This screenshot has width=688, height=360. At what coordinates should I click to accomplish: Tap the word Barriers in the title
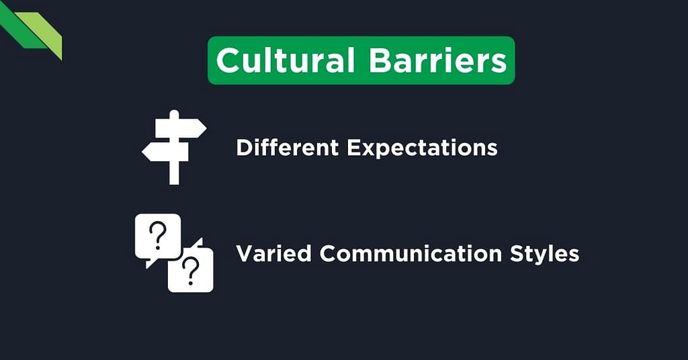(x=437, y=60)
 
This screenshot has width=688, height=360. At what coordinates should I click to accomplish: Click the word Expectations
(x=421, y=147)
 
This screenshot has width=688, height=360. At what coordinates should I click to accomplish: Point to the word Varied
(x=274, y=254)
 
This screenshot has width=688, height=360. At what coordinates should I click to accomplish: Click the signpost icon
(x=174, y=146)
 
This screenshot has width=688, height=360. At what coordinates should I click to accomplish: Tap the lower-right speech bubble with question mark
(x=191, y=271)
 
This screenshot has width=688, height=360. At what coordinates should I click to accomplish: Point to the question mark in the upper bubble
(x=157, y=236)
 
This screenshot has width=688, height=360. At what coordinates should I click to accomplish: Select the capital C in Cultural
(x=228, y=60)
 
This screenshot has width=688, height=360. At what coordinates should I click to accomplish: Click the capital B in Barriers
(x=380, y=60)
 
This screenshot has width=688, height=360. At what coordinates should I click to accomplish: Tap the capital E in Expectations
(x=353, y=147)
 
